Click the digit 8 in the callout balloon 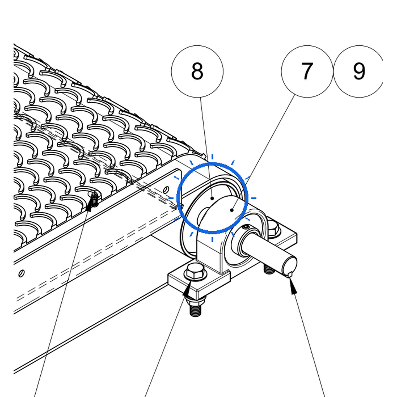(197, 71)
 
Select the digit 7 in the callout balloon (307, 71)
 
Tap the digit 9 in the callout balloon (359, 71)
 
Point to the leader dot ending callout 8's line (212, 198)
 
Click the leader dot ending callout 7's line (232, 210)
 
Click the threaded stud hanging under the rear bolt (269, 269)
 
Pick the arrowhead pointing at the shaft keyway (293, 285)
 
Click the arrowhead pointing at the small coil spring (90, 204)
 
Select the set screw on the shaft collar (246, 227)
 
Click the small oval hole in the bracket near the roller (166, 189)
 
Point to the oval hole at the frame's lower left (22, 273)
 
